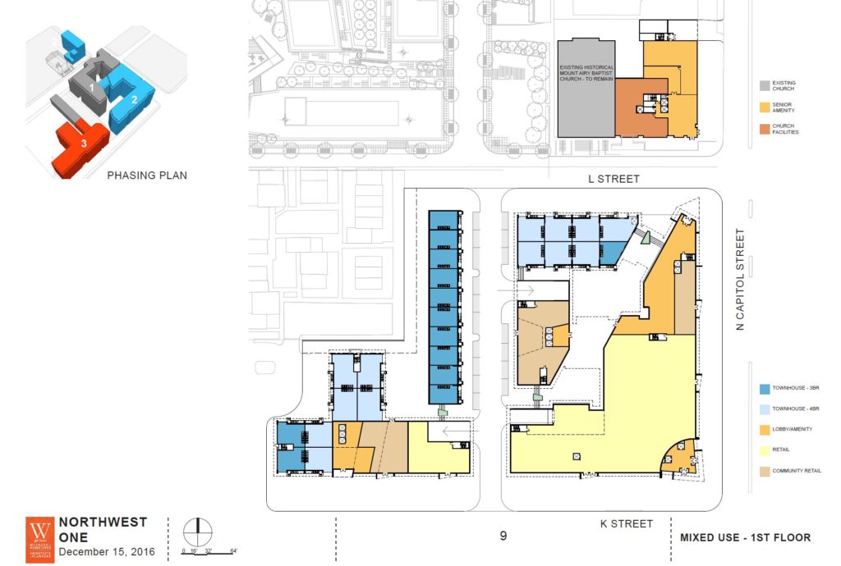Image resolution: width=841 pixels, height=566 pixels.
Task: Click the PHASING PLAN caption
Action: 147,175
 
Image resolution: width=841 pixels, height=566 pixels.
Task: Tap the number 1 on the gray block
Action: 93,86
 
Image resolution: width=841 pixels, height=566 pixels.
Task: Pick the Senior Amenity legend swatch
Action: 764,107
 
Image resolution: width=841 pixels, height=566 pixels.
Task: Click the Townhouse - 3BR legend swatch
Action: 764,389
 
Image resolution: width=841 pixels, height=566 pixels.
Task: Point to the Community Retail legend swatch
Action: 764,472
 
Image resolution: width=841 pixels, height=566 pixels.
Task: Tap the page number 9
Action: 503,536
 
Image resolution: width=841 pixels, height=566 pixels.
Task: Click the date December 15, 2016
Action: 104,550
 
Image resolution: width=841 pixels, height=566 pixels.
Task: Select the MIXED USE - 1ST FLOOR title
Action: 745,537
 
